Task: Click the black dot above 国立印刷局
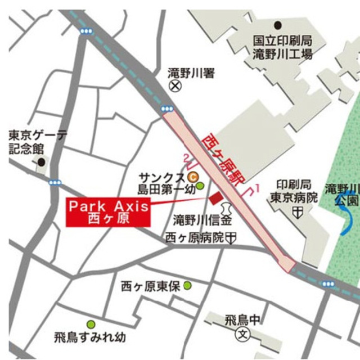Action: pos(277,25)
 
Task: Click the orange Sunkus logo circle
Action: pos(192,176)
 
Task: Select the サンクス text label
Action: pos(164,177)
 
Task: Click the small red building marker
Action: pos(215,198)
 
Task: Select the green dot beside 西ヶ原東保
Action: pos(187,286)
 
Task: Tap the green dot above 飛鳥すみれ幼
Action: pos(91,324)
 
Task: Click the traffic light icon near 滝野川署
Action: pos(166,109)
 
